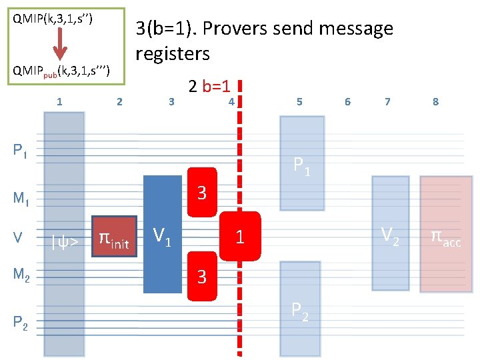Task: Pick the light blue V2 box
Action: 390,233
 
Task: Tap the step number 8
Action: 435,102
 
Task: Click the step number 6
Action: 347,102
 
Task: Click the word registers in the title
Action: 173,53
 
